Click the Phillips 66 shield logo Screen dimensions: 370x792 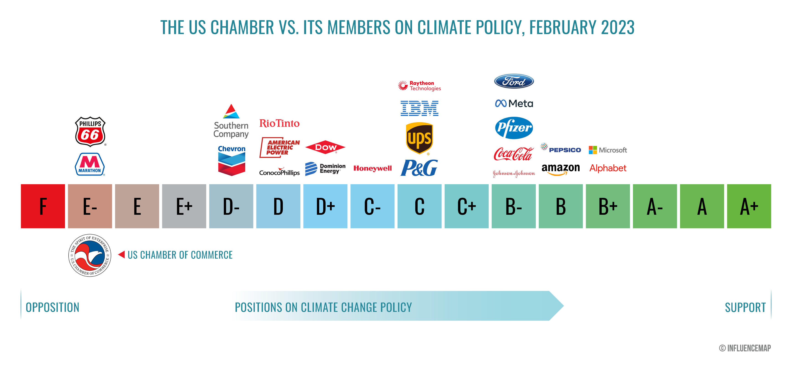90,131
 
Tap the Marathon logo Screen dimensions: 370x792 90,164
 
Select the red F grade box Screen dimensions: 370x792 43,206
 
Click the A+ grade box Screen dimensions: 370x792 749,206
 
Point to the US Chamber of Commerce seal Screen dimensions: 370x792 90,255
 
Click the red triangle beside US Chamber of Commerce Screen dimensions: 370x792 122,254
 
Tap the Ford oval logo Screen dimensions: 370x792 514,81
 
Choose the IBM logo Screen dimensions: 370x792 419,108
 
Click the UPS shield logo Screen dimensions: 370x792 419,138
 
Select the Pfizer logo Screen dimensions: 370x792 514,128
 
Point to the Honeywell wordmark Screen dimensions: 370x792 372,168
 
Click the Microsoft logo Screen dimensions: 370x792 608,150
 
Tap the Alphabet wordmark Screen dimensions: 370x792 608,168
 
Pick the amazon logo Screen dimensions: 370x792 560,169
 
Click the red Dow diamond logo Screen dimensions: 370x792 325,148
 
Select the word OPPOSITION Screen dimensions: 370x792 52,307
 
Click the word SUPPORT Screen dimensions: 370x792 745,307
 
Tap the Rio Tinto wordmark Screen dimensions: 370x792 279,123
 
